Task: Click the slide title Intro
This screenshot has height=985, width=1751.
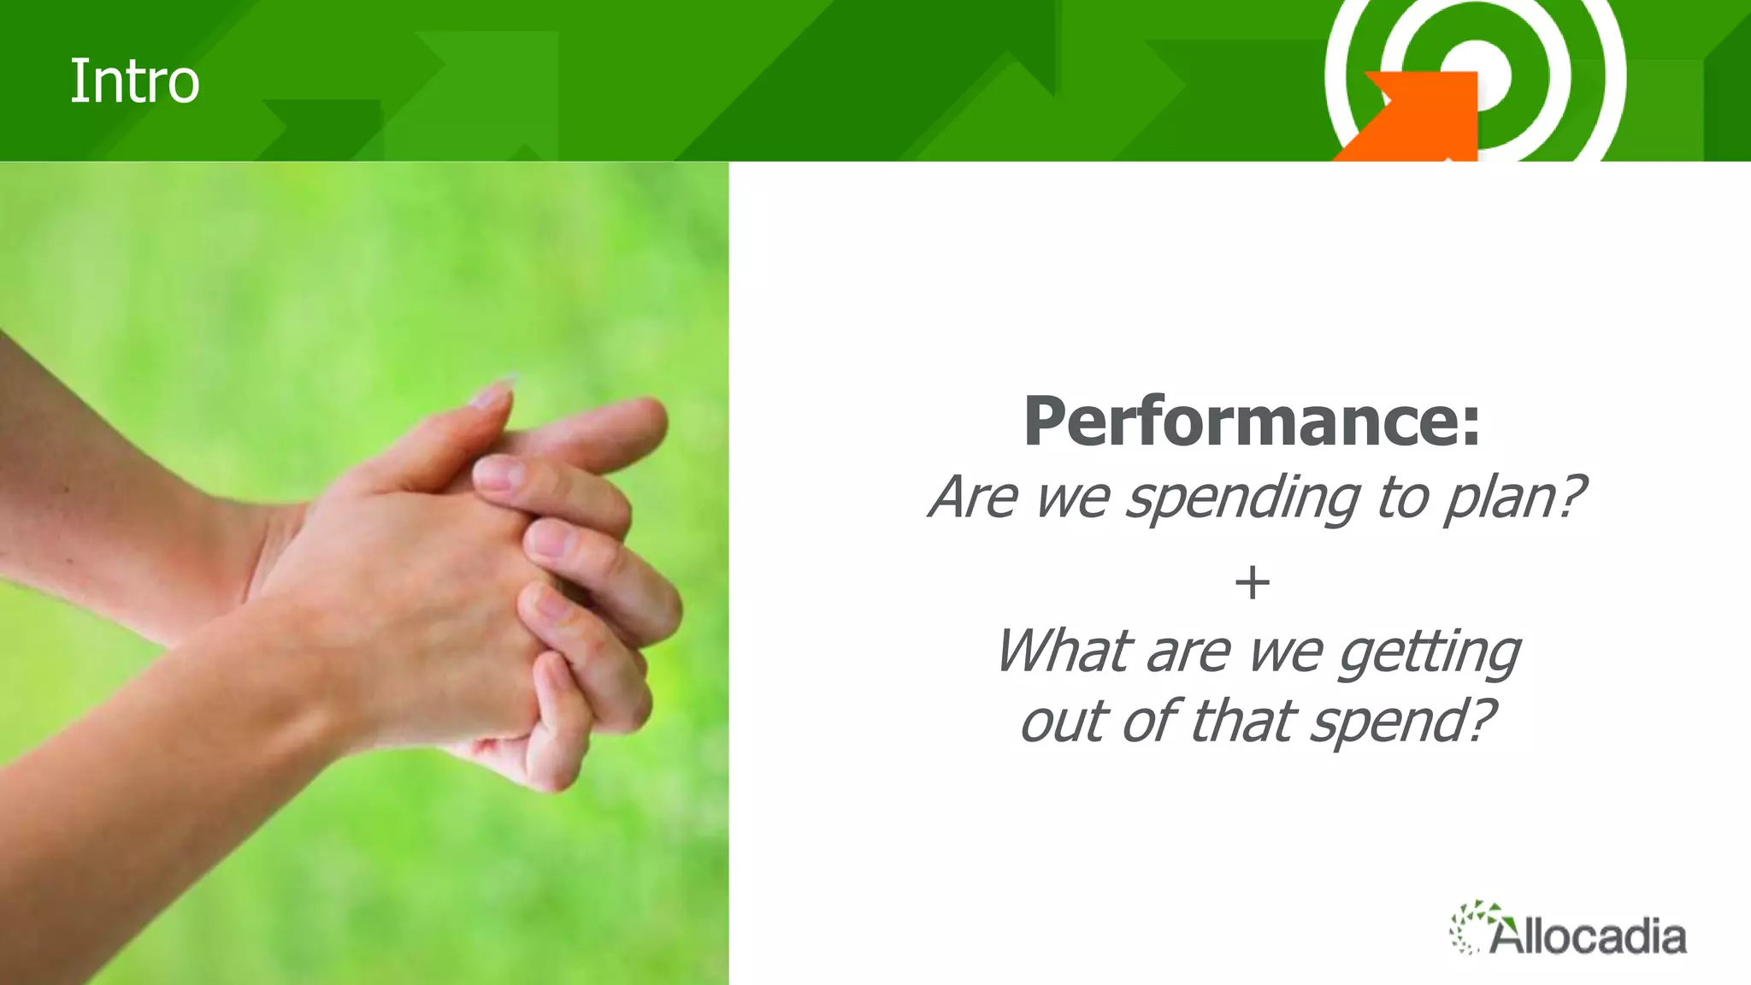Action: (134, 82)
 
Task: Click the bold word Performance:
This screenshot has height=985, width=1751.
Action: (1252, 422)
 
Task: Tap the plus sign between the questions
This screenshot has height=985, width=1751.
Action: (1253, 583)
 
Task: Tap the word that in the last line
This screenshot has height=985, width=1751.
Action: (1243, 722)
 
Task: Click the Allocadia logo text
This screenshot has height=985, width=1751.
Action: (1589, 937)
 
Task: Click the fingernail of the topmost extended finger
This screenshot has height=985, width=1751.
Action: (492, 395)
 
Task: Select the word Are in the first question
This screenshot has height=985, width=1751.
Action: (975, 498)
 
